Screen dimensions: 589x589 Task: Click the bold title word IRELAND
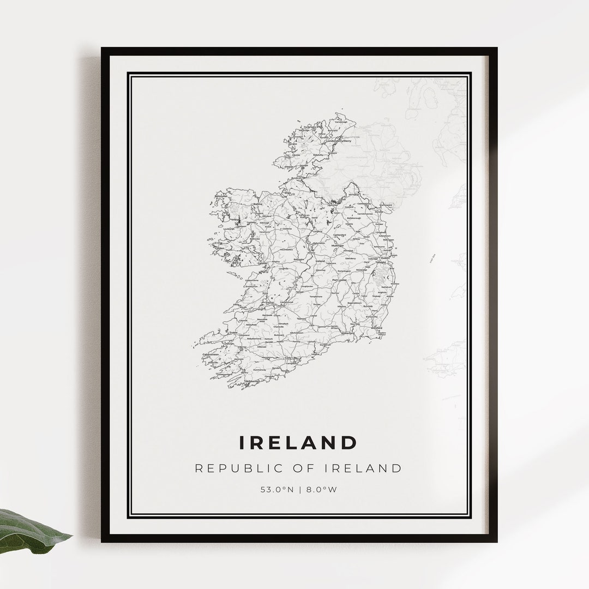coord(298,442)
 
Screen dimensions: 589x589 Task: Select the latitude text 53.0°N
coord(277,489)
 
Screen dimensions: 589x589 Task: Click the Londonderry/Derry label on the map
coord(339,141)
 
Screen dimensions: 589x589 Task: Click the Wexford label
coord(377,328)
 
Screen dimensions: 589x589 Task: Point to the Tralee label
coord(233,332)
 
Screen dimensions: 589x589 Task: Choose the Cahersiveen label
coord(210,354)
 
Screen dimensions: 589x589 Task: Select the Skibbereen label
coord(253,381)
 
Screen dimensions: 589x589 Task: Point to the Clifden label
coord(220,248)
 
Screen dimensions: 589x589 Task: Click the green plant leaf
coord(33,531)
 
